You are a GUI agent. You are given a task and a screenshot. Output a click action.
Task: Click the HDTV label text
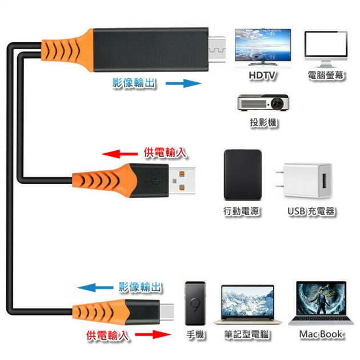[x=263, y=75]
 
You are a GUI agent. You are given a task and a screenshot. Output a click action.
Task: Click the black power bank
[x=242, y=174]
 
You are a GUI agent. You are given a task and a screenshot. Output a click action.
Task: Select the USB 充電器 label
[x=311, y=211]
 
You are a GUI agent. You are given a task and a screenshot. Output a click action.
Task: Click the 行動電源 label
[x=242, y=211]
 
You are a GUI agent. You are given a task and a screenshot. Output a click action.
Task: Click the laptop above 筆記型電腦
[x=247, y=305]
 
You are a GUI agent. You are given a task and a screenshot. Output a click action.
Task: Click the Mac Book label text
[x=321, y=334]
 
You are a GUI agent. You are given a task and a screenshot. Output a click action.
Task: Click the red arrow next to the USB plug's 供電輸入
[x=119, y=154]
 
